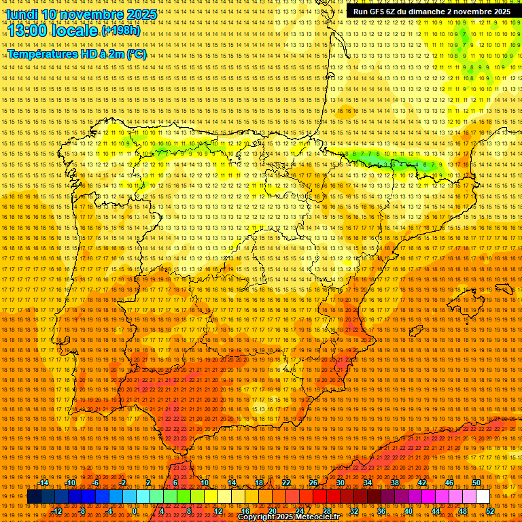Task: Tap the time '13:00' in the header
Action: pyautogui.click(x=29, y=30)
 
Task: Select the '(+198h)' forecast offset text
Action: pyautogui.click(x=121, y=31)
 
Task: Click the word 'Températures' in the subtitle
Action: pyautogui.click(x=41, y=54)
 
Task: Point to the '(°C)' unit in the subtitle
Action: pyautogui.click(x=136, y=54)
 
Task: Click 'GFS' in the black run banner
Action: pyautogui.click(x=383, y=12)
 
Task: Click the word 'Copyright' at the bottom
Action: pyautogui.click(x=257, y=517)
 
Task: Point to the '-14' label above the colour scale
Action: pyautogui.click(x=43, y=483)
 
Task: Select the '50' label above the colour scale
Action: pyautogui.click(x=476, y=483)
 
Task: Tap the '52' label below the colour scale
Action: pyautogui.click(x=490, y=511)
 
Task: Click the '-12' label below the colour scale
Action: pyautogui.click(x=57, y=511)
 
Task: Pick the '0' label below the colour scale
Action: pyautogui.click(x=135, y=511)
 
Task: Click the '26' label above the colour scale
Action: pyautogui.click(x=313, y=483)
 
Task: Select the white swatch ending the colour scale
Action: pyautogui.click(x=483, y=497)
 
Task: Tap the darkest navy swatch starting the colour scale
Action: pyautogui.click(x=34, y=497)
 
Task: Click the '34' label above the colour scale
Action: pyautogui.click(x=368, y=483)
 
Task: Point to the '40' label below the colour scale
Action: pyautogui.click(x=408, y=511)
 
